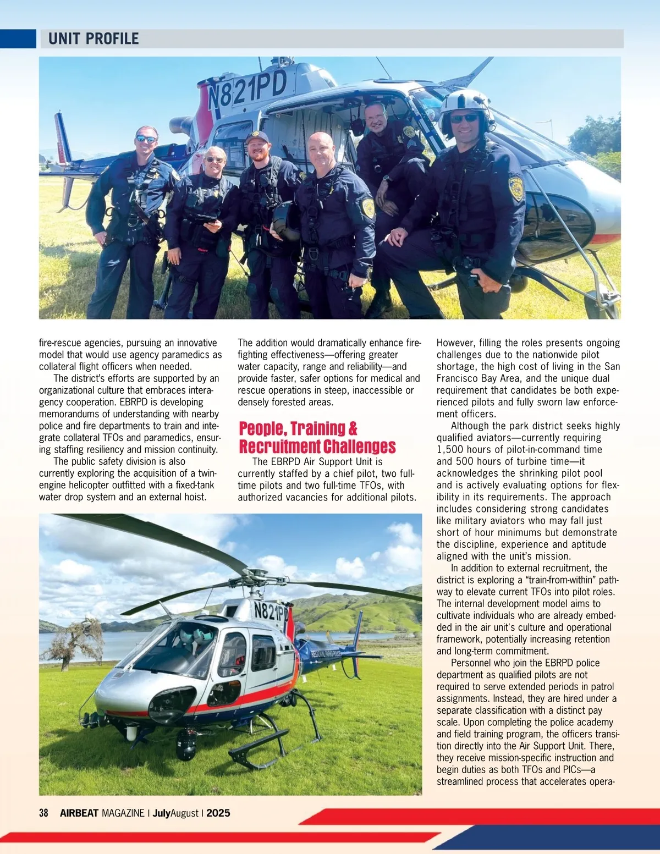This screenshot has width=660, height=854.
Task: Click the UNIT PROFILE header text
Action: (x=94, y=38)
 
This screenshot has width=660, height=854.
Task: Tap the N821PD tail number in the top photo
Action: (x=248, y=91)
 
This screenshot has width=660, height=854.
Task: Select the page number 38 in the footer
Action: (x=44, y=813)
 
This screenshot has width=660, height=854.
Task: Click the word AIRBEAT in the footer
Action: (x=79, y=813)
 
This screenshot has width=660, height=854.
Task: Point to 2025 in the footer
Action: (x=218, y=813)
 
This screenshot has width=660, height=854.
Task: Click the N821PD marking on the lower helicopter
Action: (x=271, y=611)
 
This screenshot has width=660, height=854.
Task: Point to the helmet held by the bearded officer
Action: (x=286, y=220)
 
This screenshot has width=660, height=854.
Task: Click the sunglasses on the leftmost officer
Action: (x=146, y=139)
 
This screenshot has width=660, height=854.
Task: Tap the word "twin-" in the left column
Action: (x=207, y=473)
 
